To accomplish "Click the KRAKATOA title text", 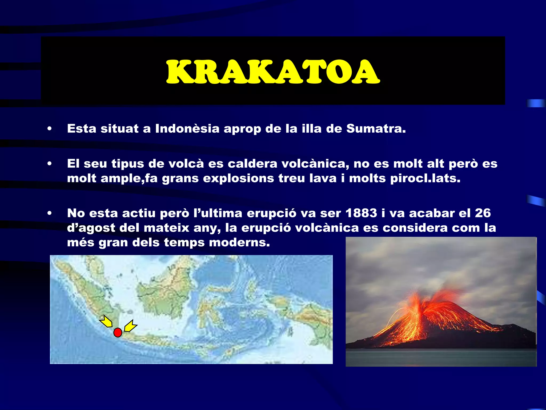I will coord(273,72).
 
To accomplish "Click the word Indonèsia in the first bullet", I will coord(187,129).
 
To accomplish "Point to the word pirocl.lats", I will coord(425,178).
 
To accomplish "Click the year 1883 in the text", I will coord(361,213).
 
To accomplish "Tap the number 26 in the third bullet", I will coord(483,213).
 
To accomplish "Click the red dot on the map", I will coord(118,333).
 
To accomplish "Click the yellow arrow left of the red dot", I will coord(106,321).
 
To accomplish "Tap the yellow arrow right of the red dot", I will coord(130,326).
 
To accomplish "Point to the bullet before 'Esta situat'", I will coord(49,129).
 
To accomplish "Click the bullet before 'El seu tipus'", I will coord(49,164).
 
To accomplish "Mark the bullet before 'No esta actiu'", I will coord(49,213).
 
